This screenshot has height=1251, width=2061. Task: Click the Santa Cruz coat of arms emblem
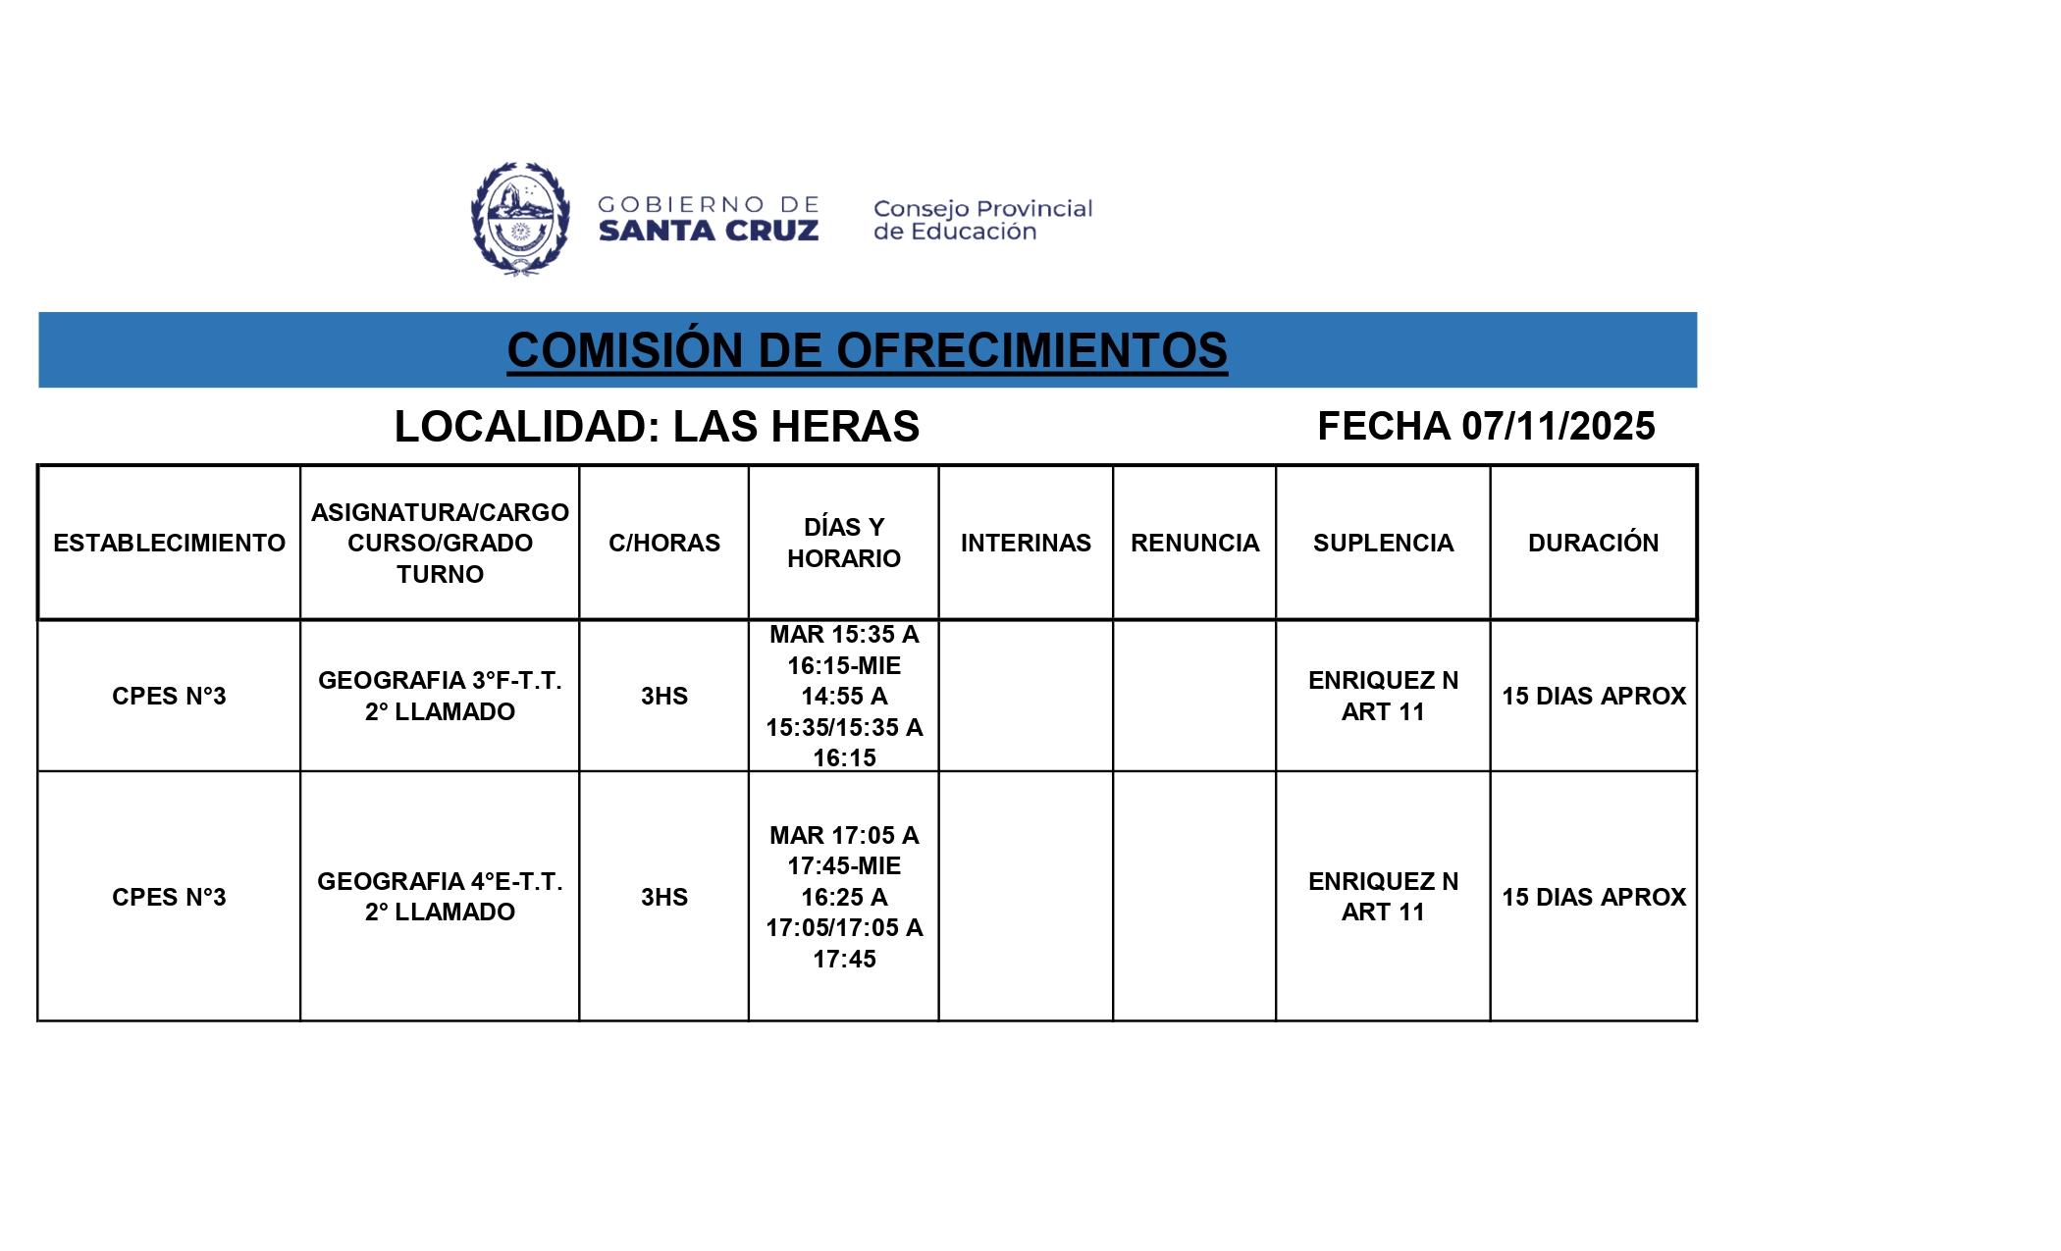coord(520,219)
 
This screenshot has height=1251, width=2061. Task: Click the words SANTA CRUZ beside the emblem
coord(709,232)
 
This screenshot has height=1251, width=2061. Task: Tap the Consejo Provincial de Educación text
coord(982,220)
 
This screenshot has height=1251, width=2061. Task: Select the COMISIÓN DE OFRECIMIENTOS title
coord(867,350)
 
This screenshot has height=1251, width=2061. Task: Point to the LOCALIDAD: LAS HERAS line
coord(657,427)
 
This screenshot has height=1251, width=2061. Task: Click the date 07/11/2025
coord(1558,427)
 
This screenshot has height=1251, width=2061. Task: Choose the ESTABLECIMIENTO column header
coord(169,543)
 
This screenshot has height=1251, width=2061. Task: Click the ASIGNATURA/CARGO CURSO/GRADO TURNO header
coord(440,543)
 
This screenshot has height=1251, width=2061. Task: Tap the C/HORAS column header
coord(664,543)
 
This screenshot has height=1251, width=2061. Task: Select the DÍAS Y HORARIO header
coord(844,543)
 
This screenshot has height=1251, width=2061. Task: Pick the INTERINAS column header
coord(1026,543)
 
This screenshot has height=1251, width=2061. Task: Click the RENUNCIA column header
coord(1194,543)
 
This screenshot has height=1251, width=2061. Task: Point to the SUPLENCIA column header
coord(1383,543)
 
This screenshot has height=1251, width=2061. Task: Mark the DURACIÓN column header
coord(1593,543)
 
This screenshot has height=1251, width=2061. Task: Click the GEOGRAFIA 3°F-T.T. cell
coord(440,696)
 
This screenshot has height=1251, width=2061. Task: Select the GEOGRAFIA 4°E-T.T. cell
coord(440,897)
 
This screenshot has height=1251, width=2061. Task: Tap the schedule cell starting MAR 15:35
coord(844,696)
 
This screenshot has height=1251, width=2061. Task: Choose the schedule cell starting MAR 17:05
coord(844,897)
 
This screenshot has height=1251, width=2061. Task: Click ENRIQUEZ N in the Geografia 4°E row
coord(1383,882)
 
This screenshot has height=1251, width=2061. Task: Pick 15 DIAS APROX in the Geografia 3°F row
coord(1593,696)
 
